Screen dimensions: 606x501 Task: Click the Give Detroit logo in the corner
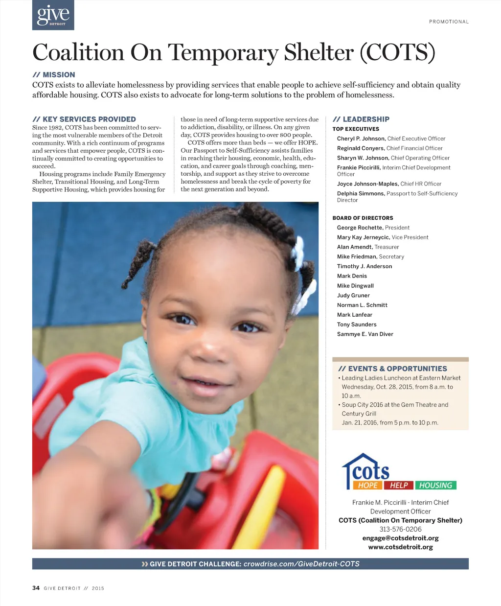[x=53, y=15]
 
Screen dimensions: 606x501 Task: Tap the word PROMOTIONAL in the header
[x=449, y=22]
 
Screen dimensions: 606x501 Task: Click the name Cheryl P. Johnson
[x=361, y=139]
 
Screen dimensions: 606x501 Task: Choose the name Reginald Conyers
[x=361, y=148]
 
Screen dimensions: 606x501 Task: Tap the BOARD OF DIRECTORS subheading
[x=363, y=218]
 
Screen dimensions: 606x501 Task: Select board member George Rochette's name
[x=360, y=228]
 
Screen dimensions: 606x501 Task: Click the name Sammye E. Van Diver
[x=365, y=334]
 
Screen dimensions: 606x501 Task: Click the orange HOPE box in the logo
[x=367, y=485]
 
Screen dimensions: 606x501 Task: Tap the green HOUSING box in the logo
[x=435, y=485]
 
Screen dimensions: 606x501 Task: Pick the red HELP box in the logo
[x=399, y=485]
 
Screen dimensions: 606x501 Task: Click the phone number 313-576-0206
[x=400, y=529]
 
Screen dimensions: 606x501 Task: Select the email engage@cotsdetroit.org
[x=400, y=538]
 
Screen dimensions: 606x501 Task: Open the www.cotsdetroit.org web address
[x=400, y=547]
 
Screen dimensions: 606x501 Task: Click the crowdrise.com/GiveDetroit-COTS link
[x=301, y=564]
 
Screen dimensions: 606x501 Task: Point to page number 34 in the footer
[x=36, y=588]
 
